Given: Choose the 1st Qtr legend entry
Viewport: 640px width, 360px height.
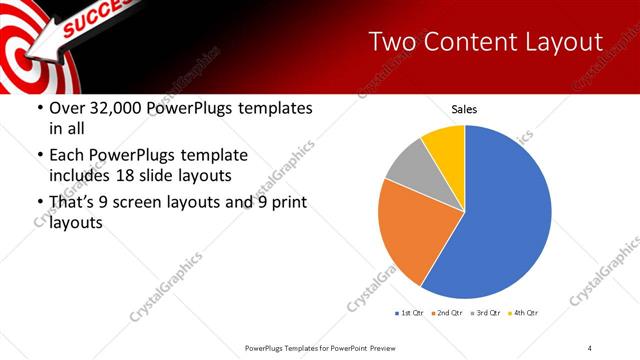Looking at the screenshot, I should pyautogui.click(x=410, y=313).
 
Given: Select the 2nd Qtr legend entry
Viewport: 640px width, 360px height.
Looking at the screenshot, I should pyautogui.click(x=447, y=313).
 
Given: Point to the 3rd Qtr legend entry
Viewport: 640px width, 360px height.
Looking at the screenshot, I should pyautogui.click(x=484, y=313).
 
